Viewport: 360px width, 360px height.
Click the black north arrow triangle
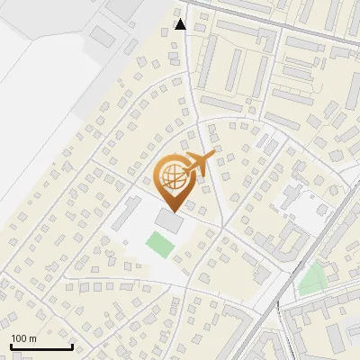(181, 23)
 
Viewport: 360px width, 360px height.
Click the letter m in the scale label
(32, 337)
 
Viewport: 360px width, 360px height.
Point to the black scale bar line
(40, 346)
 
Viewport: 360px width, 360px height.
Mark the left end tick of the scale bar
(11, 345)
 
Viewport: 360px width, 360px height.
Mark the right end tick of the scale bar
(71, 345)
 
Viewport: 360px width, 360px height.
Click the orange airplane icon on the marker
(199, 164)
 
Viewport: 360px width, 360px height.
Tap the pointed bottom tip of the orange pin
(173, 211)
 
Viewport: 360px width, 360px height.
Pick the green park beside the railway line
(312, 280)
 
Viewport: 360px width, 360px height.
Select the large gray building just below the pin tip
(168, 220)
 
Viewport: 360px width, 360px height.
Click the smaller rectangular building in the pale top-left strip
(102, 36)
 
